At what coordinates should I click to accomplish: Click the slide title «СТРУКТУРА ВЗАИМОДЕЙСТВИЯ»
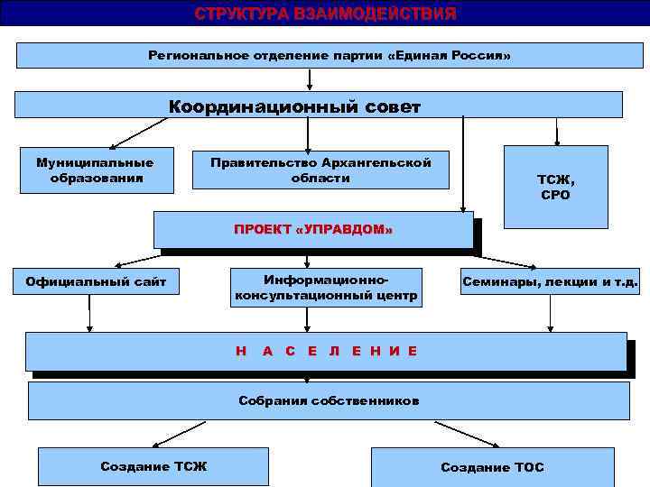tap(325, 14)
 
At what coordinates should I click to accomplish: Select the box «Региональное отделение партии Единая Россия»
tap(329, 56)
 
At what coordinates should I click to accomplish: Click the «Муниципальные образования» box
tap(95, 170)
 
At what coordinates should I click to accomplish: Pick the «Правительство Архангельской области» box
tap(320, 170)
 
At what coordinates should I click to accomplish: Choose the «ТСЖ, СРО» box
tap(555, 188)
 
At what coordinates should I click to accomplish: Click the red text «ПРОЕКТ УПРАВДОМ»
tap(313, 230)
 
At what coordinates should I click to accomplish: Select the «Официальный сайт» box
tap(96, 282)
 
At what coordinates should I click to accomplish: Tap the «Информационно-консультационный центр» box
tap(326, 287)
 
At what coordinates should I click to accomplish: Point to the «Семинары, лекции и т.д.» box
tap(550, 282)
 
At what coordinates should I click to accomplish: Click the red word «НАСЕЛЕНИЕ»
tap(326, 351)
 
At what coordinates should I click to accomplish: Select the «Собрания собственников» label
tap(329, 400)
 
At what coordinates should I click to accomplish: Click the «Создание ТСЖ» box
tap(153, 466)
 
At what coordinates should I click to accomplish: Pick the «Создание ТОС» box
tap(492, 467)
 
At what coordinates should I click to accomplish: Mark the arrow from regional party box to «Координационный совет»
tap(310, 79)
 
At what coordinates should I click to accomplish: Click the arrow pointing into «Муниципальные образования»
tap(135, 133)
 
